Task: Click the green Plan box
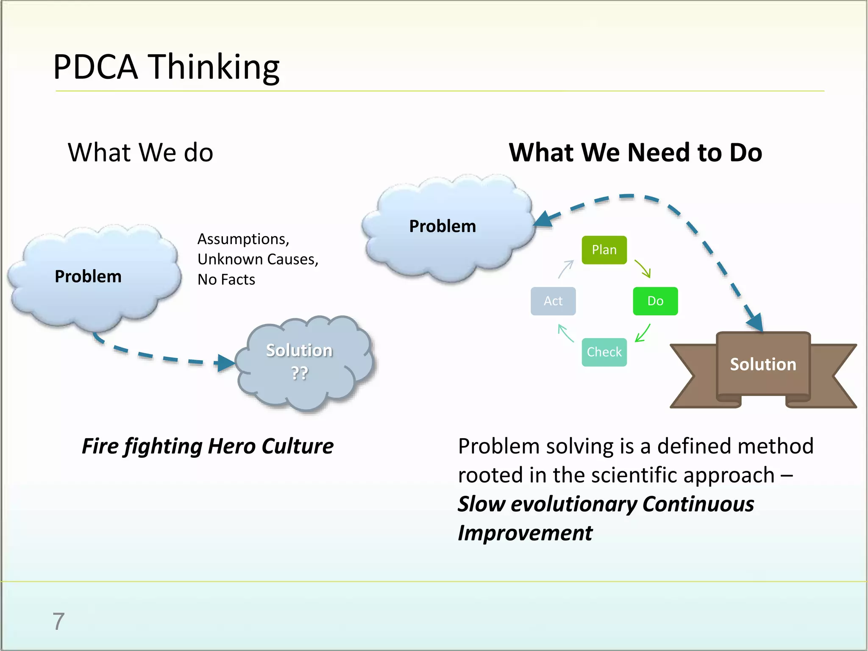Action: [x=604, y=250]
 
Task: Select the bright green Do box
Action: [x=655, y=301]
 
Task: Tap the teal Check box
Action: [x=604, y=352]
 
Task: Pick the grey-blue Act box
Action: [x=553, y=301]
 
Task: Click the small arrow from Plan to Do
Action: [x=643, y=269]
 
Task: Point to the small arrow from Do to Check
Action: [x=643, y=333]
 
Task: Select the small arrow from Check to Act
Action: [x=566, y=333]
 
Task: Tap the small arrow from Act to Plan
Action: [x=566, y=269]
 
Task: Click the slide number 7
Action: [x=58, y=621]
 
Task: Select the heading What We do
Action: [x=140, y=153]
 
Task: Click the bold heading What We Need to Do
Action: [x=635, y=153]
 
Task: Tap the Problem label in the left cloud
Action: [x=88, y=276]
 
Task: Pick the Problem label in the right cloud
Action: [x=442, y=226]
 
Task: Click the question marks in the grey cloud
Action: [x=299, y=373]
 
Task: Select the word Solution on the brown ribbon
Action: [x=763, y=364]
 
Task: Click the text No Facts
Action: [x=226, y=280]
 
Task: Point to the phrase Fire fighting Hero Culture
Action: [x=208, y=446]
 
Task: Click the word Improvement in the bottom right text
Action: [x=525, y=533]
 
